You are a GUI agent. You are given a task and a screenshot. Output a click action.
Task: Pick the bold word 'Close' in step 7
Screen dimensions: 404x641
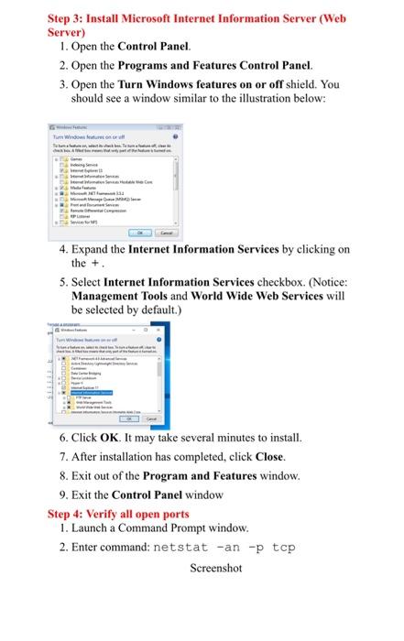tap(270, 456)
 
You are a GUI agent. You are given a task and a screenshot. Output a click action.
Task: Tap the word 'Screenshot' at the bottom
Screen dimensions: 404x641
tap(215, 569)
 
